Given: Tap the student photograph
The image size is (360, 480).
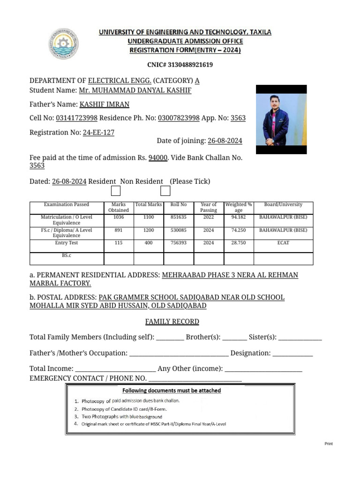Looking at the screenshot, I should pos(281,120).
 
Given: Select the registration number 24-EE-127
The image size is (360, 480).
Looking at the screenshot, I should pos(98,133).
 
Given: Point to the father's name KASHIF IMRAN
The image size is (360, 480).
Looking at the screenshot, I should pos(104,105).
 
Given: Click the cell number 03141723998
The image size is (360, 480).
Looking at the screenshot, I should pos(77,118).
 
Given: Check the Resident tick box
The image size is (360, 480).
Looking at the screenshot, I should pos(115,191).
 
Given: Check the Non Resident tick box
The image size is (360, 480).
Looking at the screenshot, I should pos(165,191).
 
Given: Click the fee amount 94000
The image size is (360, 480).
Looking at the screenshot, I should pos(158,158).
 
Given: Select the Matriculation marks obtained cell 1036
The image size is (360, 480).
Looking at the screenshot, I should pos(119,217).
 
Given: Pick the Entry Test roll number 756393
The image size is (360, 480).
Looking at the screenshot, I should pos(179,243).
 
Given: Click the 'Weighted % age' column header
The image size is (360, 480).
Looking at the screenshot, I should pos(239,207).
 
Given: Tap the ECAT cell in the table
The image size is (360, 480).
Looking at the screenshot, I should pos(283,243).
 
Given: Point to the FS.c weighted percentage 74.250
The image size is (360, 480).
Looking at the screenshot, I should pos(239,230).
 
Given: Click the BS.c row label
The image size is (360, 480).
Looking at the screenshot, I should pos(66,255).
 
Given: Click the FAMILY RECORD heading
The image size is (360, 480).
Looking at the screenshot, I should pos(172,322).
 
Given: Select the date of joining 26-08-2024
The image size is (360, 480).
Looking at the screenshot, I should pos(225,141).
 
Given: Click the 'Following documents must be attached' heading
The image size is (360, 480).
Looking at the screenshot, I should pos(172,390).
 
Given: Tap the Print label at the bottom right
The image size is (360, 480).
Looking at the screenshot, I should pos(329,443).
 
